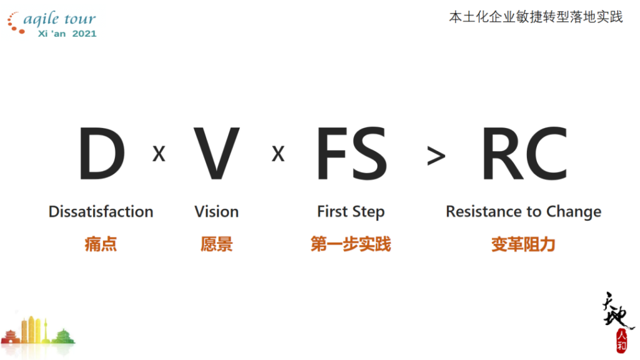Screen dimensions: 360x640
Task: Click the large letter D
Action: (101, 154)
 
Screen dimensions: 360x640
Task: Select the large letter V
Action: (216, 154)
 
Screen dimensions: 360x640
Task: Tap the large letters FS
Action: (351, 154)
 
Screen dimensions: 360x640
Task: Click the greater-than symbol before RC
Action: (436, 156)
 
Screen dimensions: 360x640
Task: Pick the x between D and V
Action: (159, 154)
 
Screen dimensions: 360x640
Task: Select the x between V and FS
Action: (278, 154)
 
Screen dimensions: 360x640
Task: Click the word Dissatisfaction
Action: (101, 212)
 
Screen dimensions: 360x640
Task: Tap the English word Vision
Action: (216, 212)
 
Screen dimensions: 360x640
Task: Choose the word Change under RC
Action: (574, 212)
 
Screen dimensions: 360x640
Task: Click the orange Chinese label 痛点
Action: (101, 244)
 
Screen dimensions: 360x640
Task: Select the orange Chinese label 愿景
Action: (216, 244)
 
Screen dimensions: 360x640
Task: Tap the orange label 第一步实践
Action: (351, 244)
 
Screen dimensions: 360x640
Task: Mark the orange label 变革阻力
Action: (523, 244)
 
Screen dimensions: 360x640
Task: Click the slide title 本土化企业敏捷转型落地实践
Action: (536, 17)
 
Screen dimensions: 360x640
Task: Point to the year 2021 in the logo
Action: (84, 33)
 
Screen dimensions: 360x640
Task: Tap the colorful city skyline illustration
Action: (37, 332)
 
